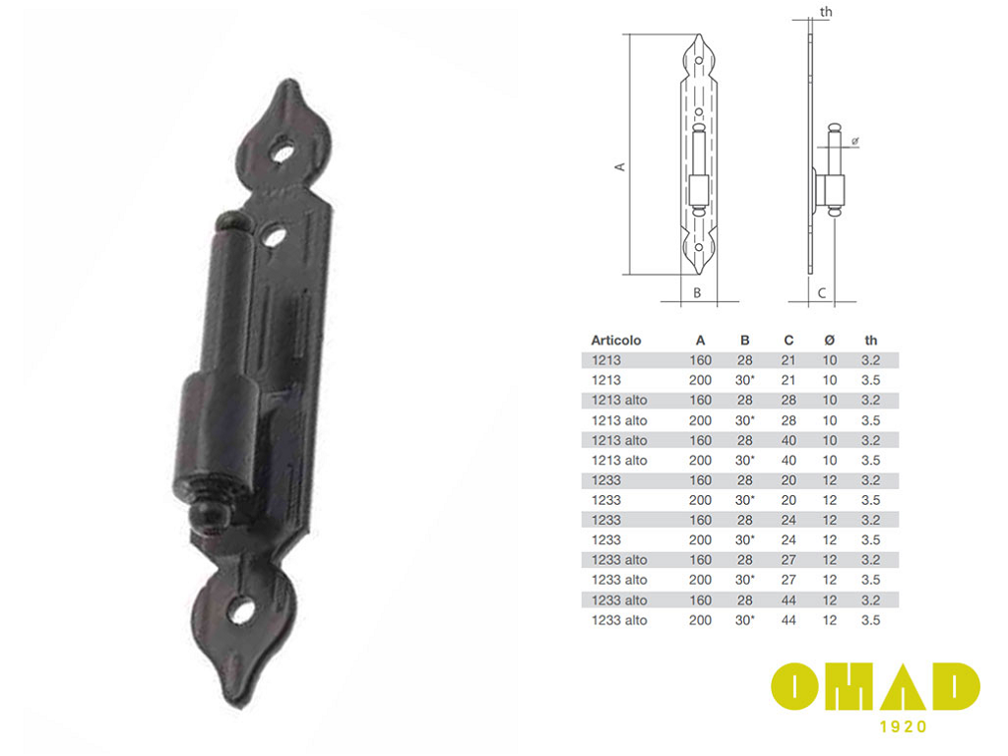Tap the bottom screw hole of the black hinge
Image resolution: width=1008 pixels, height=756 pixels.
click(242, 610)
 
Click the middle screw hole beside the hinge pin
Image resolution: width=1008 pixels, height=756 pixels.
click(275, 236)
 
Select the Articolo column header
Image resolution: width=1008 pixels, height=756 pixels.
click(616, 340)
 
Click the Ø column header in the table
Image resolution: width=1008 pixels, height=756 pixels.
click(829, 340)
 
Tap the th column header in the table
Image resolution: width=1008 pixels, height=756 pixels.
click(870, 340)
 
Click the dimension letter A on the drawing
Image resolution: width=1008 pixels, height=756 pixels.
click(620, 166)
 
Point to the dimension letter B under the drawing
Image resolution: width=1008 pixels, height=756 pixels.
click(697, 293)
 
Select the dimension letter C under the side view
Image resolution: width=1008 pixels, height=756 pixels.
click(822, 293)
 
